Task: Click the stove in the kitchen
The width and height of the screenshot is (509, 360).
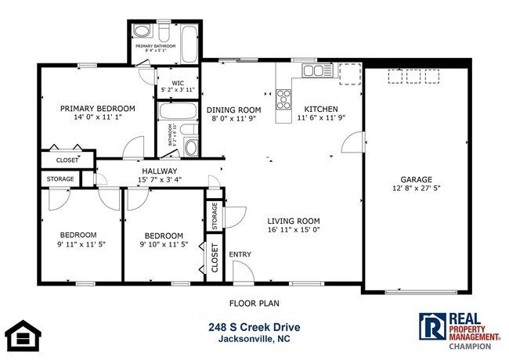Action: (283, 99)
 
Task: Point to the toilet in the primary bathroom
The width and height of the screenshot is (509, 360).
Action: (142, 32)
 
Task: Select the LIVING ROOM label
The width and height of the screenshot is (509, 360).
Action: (293, 221)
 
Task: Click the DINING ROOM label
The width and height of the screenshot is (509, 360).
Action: (233, 110)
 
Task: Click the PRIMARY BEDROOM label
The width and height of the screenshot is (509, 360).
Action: (98, 108)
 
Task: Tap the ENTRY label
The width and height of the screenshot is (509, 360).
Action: (240, 254)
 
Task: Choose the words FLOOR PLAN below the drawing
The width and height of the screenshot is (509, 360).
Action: (254, 303)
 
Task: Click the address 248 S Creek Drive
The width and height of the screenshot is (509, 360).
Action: (254, 327)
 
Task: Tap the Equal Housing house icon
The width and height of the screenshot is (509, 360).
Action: (23, 335)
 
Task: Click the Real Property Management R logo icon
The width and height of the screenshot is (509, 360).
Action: (431, 326)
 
